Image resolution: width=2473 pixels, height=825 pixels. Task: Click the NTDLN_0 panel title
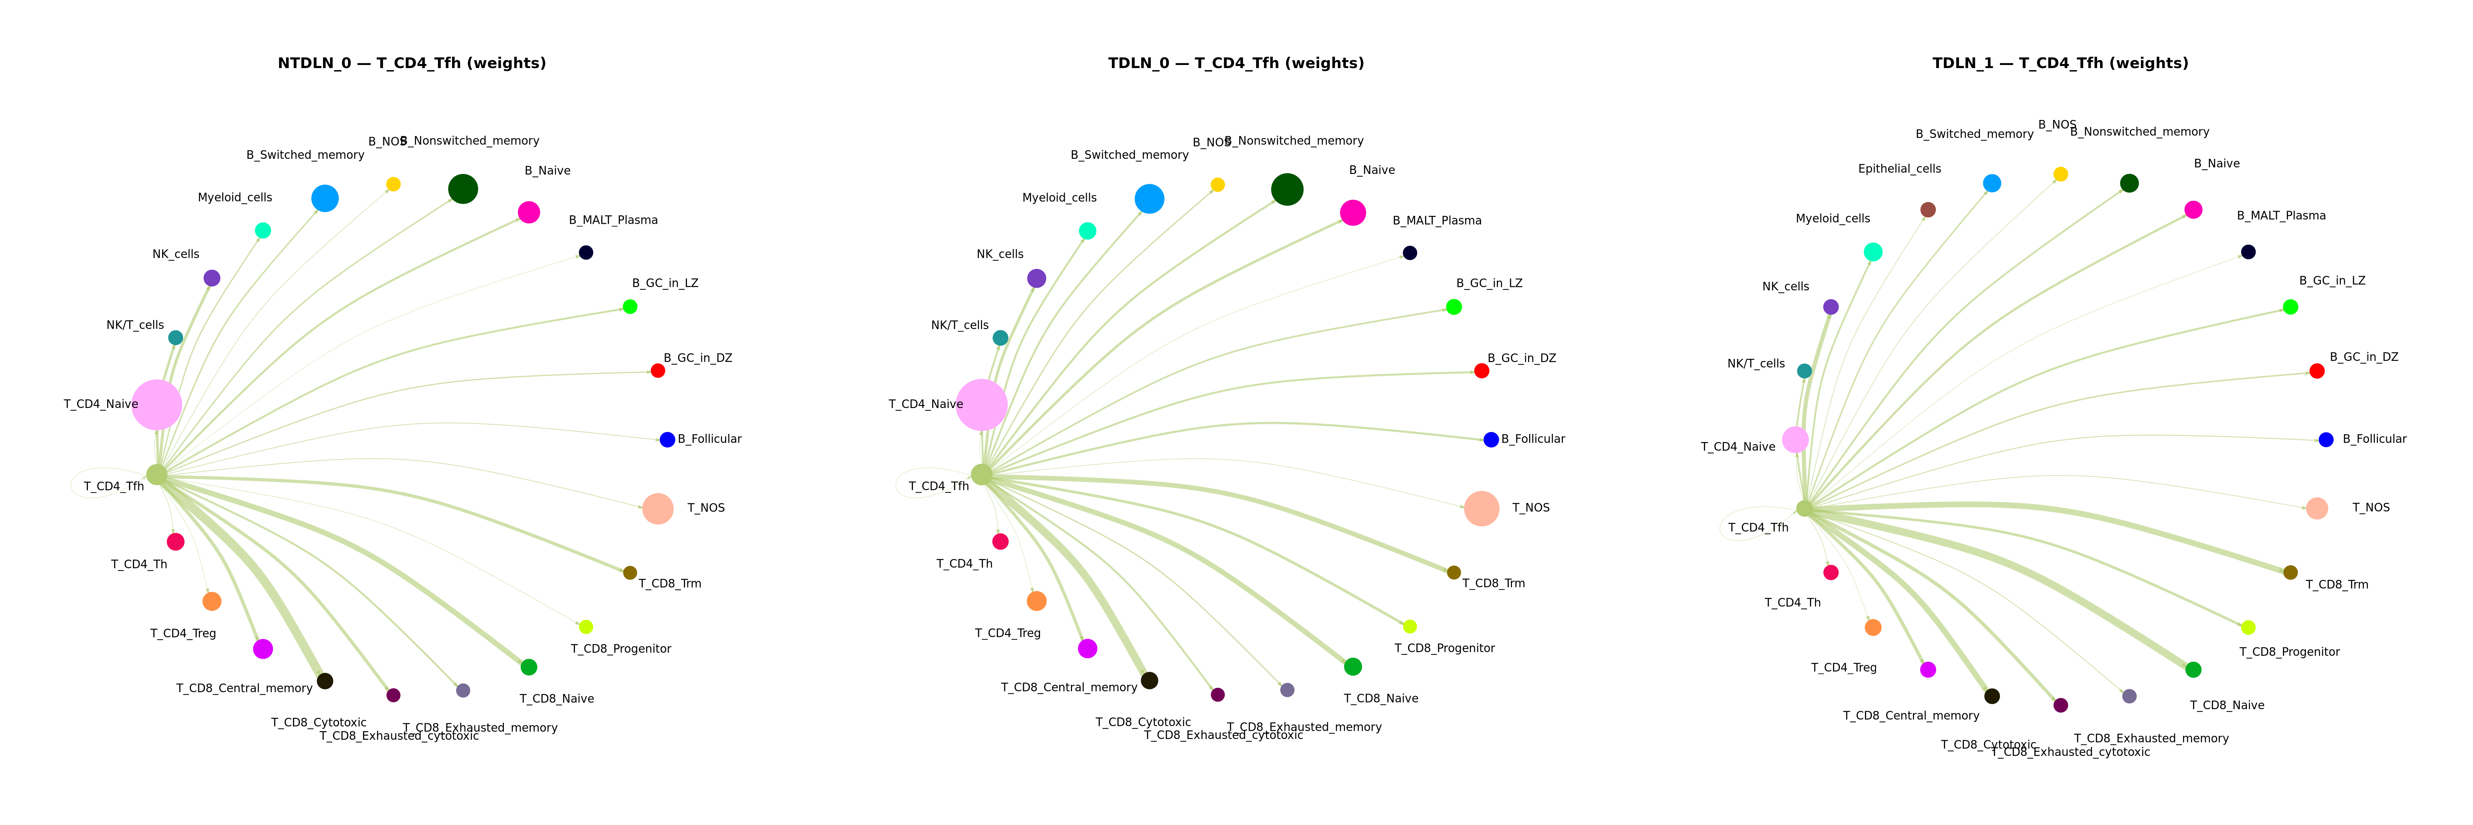click(412, 63)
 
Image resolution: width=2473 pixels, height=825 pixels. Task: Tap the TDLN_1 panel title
click(2060, 63)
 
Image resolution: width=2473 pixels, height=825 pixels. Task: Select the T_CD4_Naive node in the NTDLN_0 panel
click(157, 404)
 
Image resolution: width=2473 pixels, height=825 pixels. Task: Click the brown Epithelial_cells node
click(1928, 209)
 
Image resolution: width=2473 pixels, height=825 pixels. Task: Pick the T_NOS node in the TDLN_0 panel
click(1481, 508)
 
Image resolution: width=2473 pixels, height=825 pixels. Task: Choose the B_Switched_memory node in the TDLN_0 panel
click(1149, 199)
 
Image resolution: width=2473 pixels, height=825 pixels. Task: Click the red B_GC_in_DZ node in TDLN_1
click(2316, 371)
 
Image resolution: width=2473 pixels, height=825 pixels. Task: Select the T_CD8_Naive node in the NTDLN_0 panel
click(528, 667)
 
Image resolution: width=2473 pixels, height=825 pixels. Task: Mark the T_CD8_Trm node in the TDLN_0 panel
click(1454, 572)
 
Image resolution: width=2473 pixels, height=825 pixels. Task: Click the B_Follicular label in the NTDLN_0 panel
click(710, 439)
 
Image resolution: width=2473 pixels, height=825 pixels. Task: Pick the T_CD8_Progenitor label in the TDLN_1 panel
click(2290, 652)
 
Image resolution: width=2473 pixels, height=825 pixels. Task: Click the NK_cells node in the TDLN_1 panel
click(1831, 307)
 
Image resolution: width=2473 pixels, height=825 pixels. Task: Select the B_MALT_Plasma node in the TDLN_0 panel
click(1409, 253)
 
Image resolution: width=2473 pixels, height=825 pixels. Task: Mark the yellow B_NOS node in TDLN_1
click(2060, 174)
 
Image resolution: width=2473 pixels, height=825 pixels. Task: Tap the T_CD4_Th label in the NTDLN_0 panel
click(139, 565)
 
